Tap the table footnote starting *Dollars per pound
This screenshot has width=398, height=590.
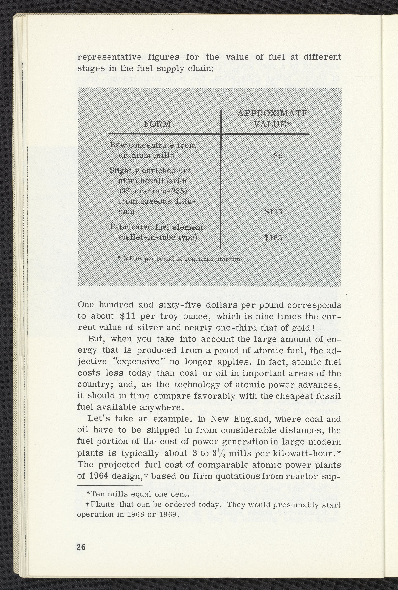pos(180,259)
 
